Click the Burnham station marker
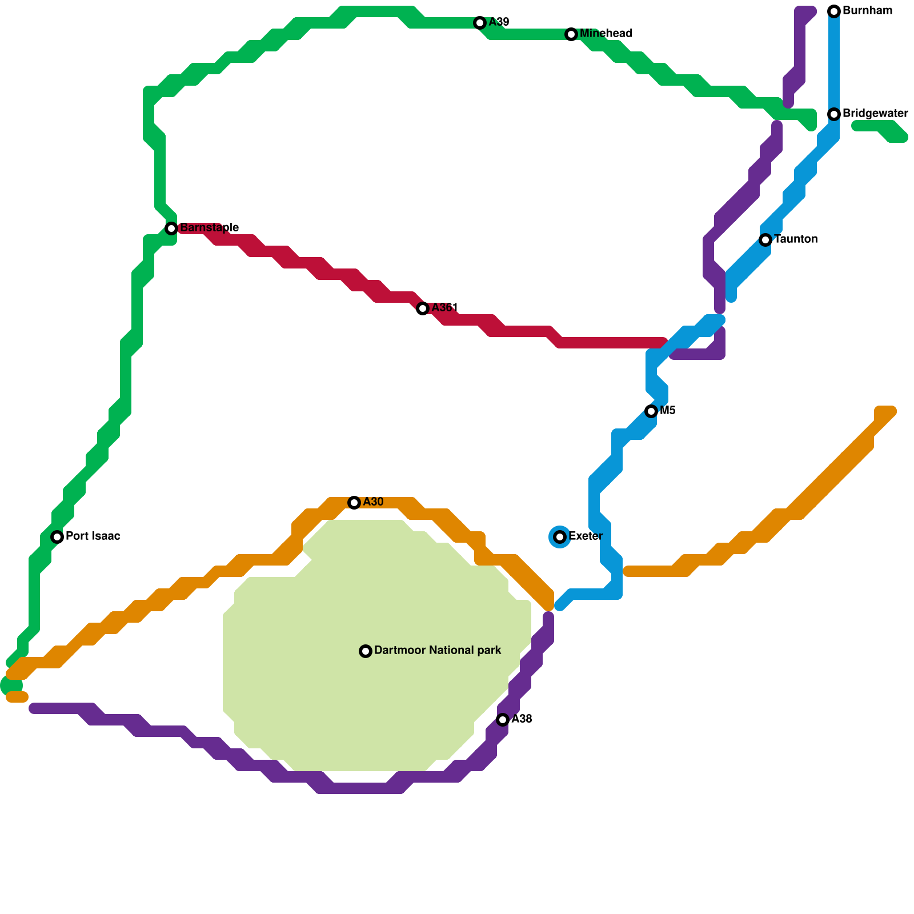click(834, 11)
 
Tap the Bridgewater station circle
click(834, 114)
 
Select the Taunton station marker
click(765, 240)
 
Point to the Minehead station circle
click(571, 34)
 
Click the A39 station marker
click(480, 23)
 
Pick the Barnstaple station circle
click(171, 228)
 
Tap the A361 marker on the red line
click(423, 308)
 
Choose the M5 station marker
click(651, 411)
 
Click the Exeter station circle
click(560, 537)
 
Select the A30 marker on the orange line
click(354, 503)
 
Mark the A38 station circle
click(503, 720)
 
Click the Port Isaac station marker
click(57, 537)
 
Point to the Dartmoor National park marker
click(366, 651)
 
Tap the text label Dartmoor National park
click(438, 651)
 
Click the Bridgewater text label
click(875, 114)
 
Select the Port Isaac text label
click(93, 536)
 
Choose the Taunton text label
click(796, 239)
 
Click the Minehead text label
click(606, 34)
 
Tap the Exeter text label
click(586, 536)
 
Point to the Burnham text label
click(867, 11)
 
